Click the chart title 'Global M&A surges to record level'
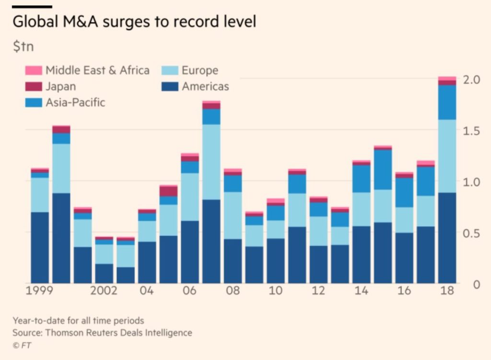pos(134,23)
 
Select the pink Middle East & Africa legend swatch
pos(34,70)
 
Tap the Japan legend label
pos(60,87)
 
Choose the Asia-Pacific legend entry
pos(75,103)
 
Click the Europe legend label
pos(199,70)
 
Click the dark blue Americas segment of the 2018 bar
pos(447,237)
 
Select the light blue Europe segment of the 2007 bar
pos(211,162)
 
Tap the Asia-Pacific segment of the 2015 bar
pos(382,170)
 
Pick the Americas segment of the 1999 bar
pos(40,247)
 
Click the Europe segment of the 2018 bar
pos(447,156)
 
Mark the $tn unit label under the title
pos(23,47)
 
